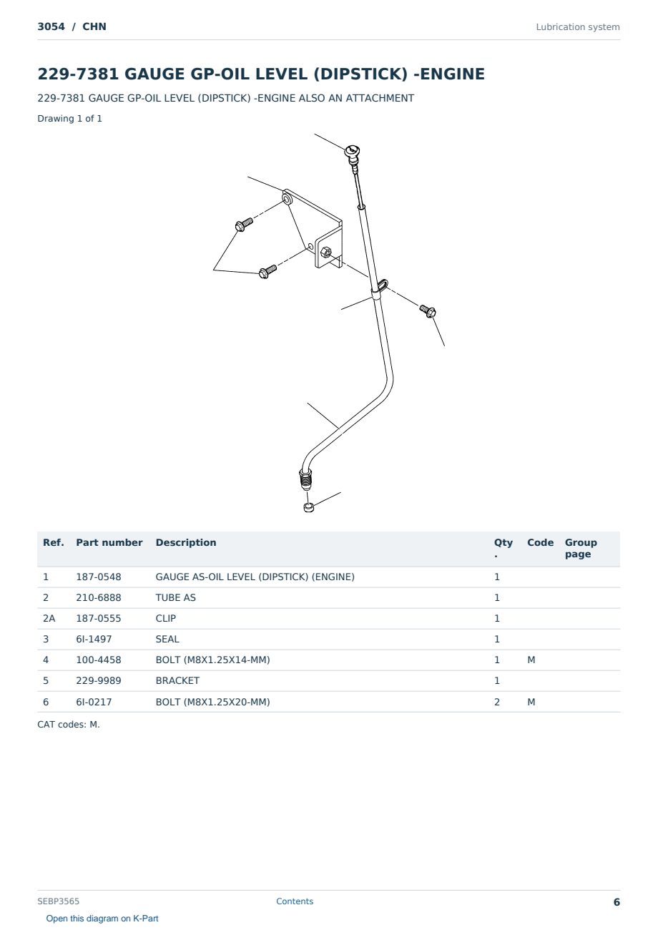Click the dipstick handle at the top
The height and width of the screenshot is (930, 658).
coord(352,152)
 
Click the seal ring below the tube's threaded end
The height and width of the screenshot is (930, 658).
coord(308,507)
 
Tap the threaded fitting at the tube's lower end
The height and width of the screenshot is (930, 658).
coord(305,479)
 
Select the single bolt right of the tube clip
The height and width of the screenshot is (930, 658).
coord(427,310)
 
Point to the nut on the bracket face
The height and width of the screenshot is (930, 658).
coord(326,251)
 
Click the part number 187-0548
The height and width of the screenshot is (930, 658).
coord(99,577)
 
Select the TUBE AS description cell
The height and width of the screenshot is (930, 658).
coord(176,597)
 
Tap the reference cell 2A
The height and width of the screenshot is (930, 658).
coord(49,618)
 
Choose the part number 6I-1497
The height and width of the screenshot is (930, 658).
coord(94,639)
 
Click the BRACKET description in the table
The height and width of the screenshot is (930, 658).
coord(177,680)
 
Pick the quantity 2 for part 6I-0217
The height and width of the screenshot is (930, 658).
coord(497,702)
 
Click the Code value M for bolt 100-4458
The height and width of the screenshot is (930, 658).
coord(531,660)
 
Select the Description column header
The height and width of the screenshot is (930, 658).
coord(186,542)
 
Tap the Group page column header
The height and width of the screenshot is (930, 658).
coord(581,548)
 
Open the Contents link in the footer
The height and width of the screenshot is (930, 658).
coord(295,901)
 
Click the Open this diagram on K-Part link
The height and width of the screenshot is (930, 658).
coord(102,918)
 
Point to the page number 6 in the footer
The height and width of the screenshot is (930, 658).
coord(617,902)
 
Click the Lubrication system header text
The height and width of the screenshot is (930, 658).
coord(578,27)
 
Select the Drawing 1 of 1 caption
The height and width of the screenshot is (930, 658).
coord(70,118)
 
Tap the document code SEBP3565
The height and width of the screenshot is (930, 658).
coord(58,901)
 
